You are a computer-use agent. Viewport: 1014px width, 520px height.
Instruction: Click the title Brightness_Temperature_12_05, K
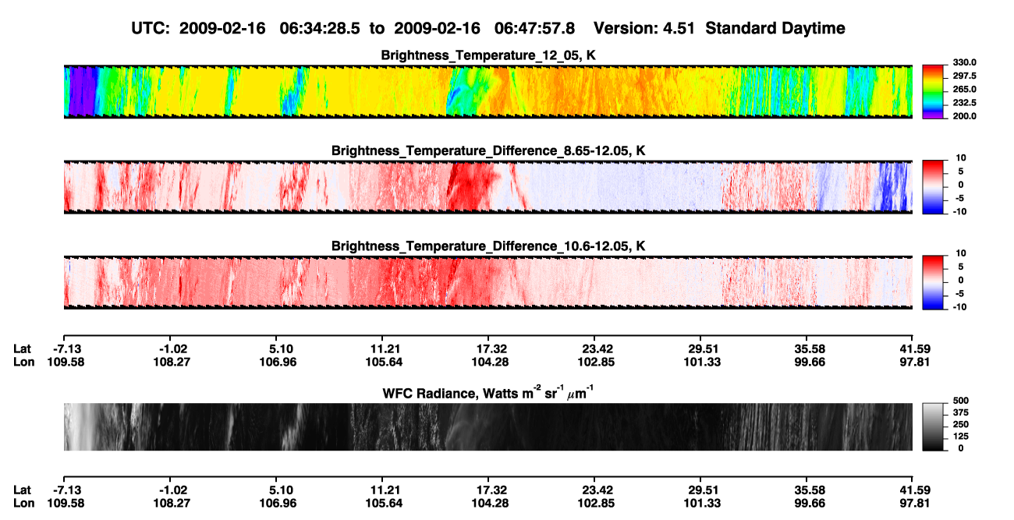click(x=488, y=55)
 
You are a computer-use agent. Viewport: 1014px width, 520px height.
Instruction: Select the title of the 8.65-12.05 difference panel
click(x=488, y=150)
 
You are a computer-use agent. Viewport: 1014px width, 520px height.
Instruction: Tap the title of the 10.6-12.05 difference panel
click(x=488, y=246)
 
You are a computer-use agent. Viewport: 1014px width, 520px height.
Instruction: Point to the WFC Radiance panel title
click(x=488, y=392)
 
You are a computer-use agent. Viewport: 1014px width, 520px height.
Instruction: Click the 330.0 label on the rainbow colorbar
click(x=964, y=62)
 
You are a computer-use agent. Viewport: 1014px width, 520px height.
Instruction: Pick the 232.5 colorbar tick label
click(x=964, y=103)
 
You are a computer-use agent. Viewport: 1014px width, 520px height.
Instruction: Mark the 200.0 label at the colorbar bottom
click(x=964, y=116)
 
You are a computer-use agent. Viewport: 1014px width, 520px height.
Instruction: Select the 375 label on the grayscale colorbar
click(x=961, y=412)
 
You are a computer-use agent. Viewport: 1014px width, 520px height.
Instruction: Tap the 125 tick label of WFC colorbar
click(x=961, y=437)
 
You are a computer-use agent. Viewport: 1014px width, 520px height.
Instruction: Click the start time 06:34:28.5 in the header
click(x=320, y=29)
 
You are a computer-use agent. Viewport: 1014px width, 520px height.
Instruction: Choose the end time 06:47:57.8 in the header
click(x=534, y=29)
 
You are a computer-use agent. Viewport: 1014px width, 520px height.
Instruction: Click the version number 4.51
click(x=679, y=29)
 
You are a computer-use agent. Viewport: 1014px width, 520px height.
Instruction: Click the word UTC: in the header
click(x=151, y=29)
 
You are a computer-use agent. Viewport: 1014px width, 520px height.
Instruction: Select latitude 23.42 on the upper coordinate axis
click(x=597, y=349)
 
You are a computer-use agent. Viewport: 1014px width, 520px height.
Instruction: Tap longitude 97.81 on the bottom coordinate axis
click(x=914, y=504)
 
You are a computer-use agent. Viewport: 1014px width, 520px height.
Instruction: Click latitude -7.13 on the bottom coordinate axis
click(x=67, y=490)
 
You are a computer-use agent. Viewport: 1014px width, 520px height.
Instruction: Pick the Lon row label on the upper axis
click(x=23, y=362)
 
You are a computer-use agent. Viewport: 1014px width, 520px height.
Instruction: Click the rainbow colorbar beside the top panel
click(x=933, y=92)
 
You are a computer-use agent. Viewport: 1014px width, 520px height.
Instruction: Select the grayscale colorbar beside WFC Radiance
click(x=933, y=426)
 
